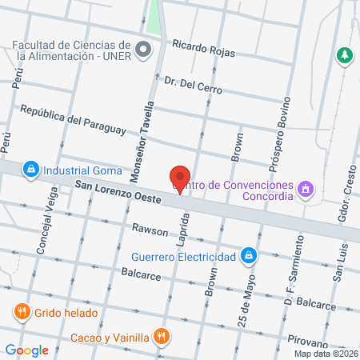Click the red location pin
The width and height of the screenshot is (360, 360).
tap(180, 179)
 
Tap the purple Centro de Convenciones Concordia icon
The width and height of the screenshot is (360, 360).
tap(305, 190)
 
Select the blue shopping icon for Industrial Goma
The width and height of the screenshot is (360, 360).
tap(30, 170)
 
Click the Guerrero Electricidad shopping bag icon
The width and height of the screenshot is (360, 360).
tap(250, 256)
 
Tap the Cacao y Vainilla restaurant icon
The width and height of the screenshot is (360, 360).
tap(162, 336)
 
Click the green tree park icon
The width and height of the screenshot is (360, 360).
tap(345, 54)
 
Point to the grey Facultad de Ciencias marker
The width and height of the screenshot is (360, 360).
tap(144, 50)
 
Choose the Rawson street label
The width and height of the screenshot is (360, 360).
tap(150, 231)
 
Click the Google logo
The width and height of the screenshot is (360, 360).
tap(26, 350)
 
